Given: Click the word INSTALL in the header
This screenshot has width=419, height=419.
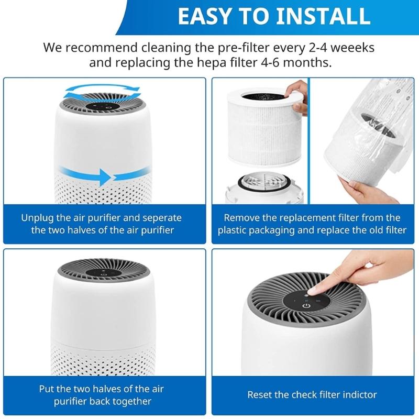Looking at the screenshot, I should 318,16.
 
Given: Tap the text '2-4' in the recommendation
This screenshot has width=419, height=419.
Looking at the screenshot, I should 317,48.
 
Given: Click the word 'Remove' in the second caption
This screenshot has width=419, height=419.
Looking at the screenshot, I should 241,217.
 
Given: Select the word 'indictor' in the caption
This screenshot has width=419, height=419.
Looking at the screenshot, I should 360,394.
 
